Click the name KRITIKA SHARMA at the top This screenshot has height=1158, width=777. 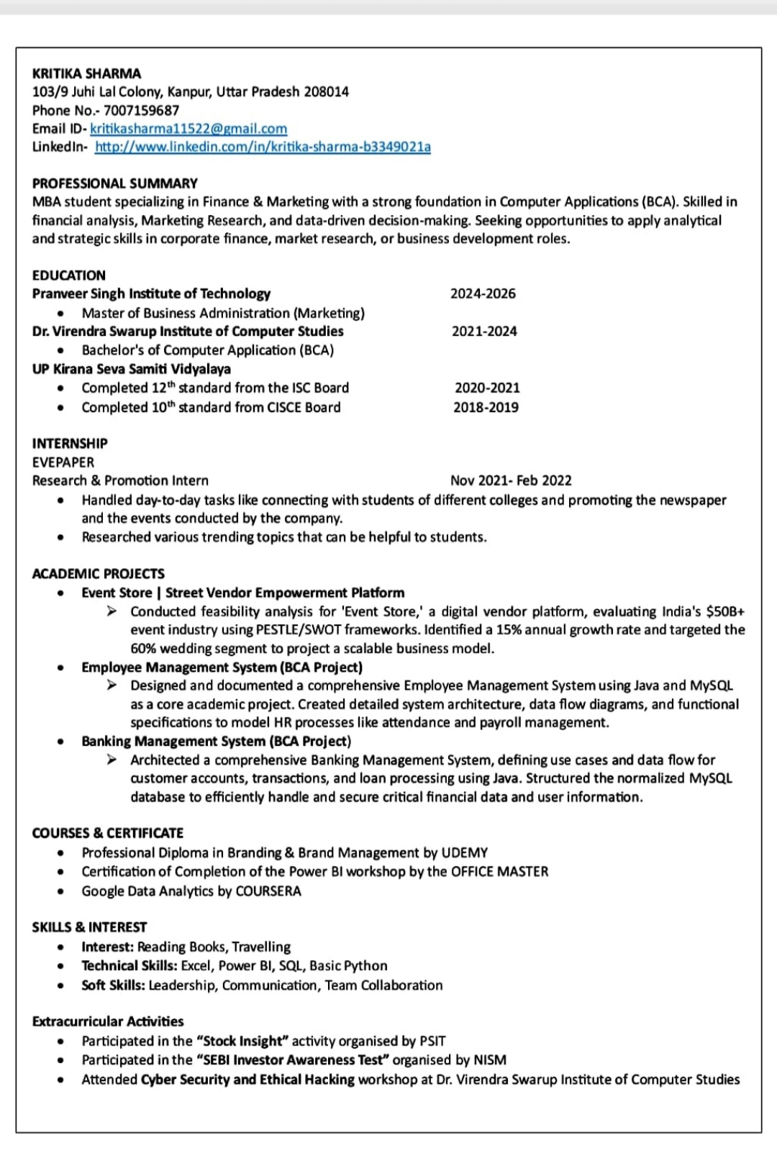pyautogui.click(x=86, y=73)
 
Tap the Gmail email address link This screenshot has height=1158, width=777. pyautogui.click(x=188, y=129)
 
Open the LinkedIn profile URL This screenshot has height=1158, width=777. pyautogui.click(x=263, y=147)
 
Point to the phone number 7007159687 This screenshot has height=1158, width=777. pyautogui.click(x=141, y=110)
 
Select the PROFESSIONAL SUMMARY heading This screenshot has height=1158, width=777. pyautogui.click(x=114, y=183)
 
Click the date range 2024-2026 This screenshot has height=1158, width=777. pyautogui.click(x=483, y=293)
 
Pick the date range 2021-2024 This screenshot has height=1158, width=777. pyautogui.click(x=484, y=331)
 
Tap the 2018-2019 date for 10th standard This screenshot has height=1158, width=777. pyautogui.click(x=486, y=407)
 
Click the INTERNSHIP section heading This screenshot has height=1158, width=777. pyautogui.click(x=70, y=443)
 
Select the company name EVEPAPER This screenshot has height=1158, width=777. pyautogui.click(x=63, y=462)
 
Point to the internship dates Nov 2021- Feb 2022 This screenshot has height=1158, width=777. pyautogui.click(x=511, y=480)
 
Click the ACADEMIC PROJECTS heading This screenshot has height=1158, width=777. pyautogui.click(x=98, y=573)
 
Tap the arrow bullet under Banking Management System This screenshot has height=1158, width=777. pyautogui.click(x=112, y=760)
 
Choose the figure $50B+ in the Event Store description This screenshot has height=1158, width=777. pyautogui.click(x=725, y=611)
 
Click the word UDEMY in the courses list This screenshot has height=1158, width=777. pyautogui.click(x=465, y=852)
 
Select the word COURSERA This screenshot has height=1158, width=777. pyautogui.click(x=268, y=890)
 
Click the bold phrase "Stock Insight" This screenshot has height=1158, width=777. pyautogui.click(x=242, y=1041)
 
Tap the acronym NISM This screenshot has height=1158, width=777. pyautogui.click(x=490, y=1059)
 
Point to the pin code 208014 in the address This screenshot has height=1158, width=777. pyautogui.click(x=326, y=91)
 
